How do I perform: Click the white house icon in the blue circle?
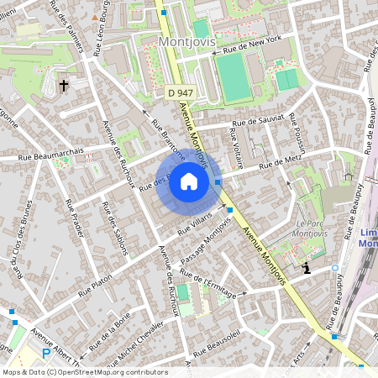pos(189,181)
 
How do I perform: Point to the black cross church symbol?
pos(64,85)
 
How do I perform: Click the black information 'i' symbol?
pos(307,268)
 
